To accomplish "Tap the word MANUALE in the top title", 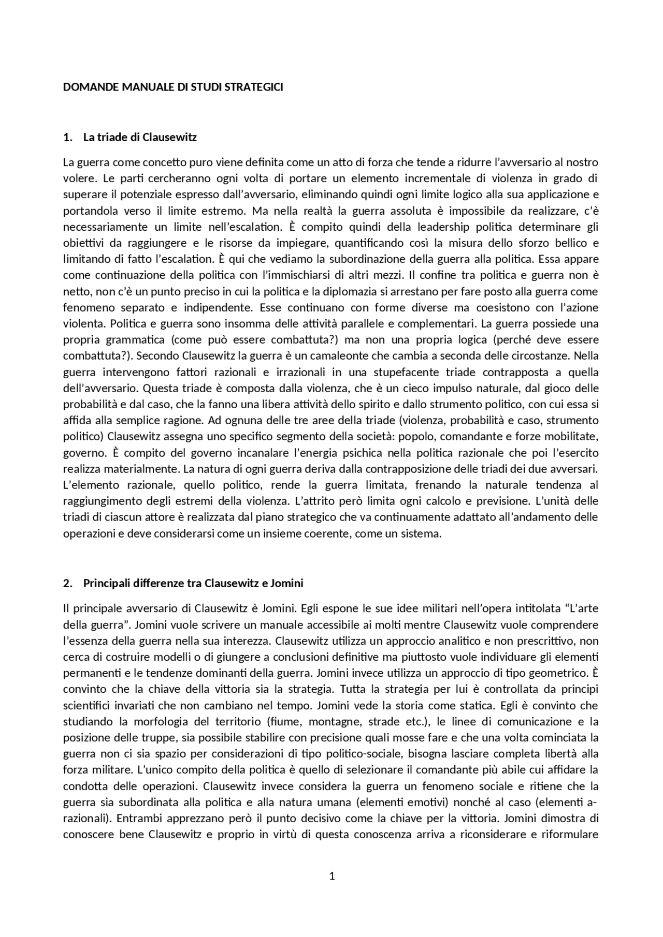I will (148, 87).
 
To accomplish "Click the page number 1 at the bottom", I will (332, 876).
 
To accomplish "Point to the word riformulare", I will (571, 835).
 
